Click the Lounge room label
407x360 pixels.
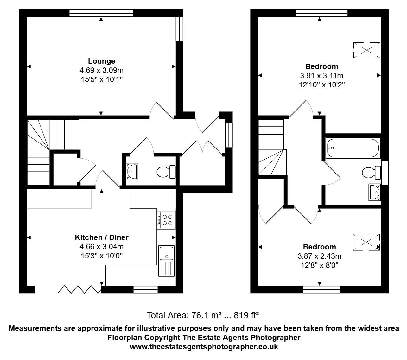coord(101,61)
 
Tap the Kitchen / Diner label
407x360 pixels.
coord(101,237)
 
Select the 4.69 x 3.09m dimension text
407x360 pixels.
coord(101,70)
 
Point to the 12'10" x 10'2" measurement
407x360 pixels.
coord(321,85)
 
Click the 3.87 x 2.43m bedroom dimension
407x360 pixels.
coord(319,256)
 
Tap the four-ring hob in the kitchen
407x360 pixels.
coord(166,220)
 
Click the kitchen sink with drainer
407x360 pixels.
coord(166,261)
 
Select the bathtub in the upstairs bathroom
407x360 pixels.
coord(353,148)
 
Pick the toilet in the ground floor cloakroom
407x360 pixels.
coord(166,172)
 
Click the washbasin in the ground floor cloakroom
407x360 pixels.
coord(132,171)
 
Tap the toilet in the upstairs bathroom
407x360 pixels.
coord(371,173)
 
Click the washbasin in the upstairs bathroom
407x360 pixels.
coord(375,192)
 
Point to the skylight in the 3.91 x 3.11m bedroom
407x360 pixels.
coord(367,50)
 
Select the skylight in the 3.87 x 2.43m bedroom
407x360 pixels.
coord(366,242)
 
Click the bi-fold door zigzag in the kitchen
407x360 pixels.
coord(79,289)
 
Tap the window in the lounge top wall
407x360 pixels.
coord(101,13)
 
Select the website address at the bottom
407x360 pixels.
coord(204,347)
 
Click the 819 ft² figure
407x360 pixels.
coord(246,315)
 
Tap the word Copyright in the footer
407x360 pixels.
coord(162,338)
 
